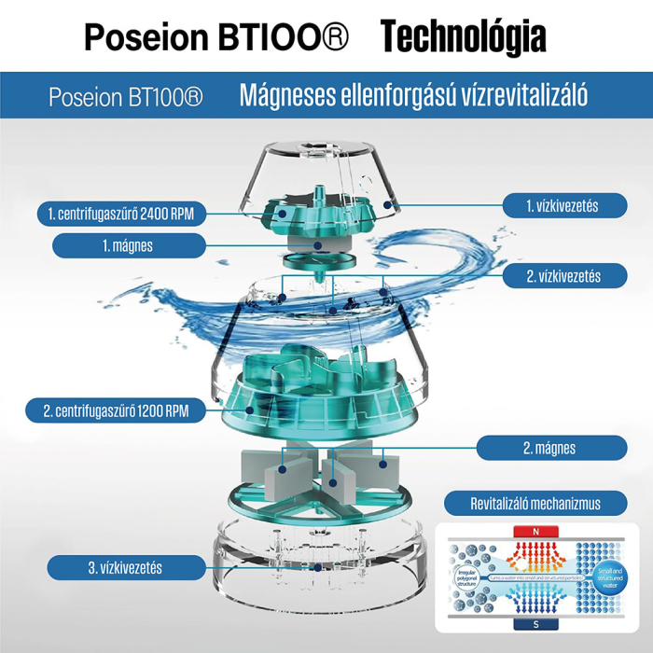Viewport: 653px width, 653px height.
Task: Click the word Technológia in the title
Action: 463,37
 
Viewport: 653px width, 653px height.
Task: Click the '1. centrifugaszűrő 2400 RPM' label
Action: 121,214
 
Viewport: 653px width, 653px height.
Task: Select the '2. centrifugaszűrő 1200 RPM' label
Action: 121,410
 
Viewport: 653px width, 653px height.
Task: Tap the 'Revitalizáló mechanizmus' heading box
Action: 535,504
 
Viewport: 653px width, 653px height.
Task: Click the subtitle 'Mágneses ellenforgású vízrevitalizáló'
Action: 413,95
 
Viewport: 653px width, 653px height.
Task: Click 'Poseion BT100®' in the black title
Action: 216,39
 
